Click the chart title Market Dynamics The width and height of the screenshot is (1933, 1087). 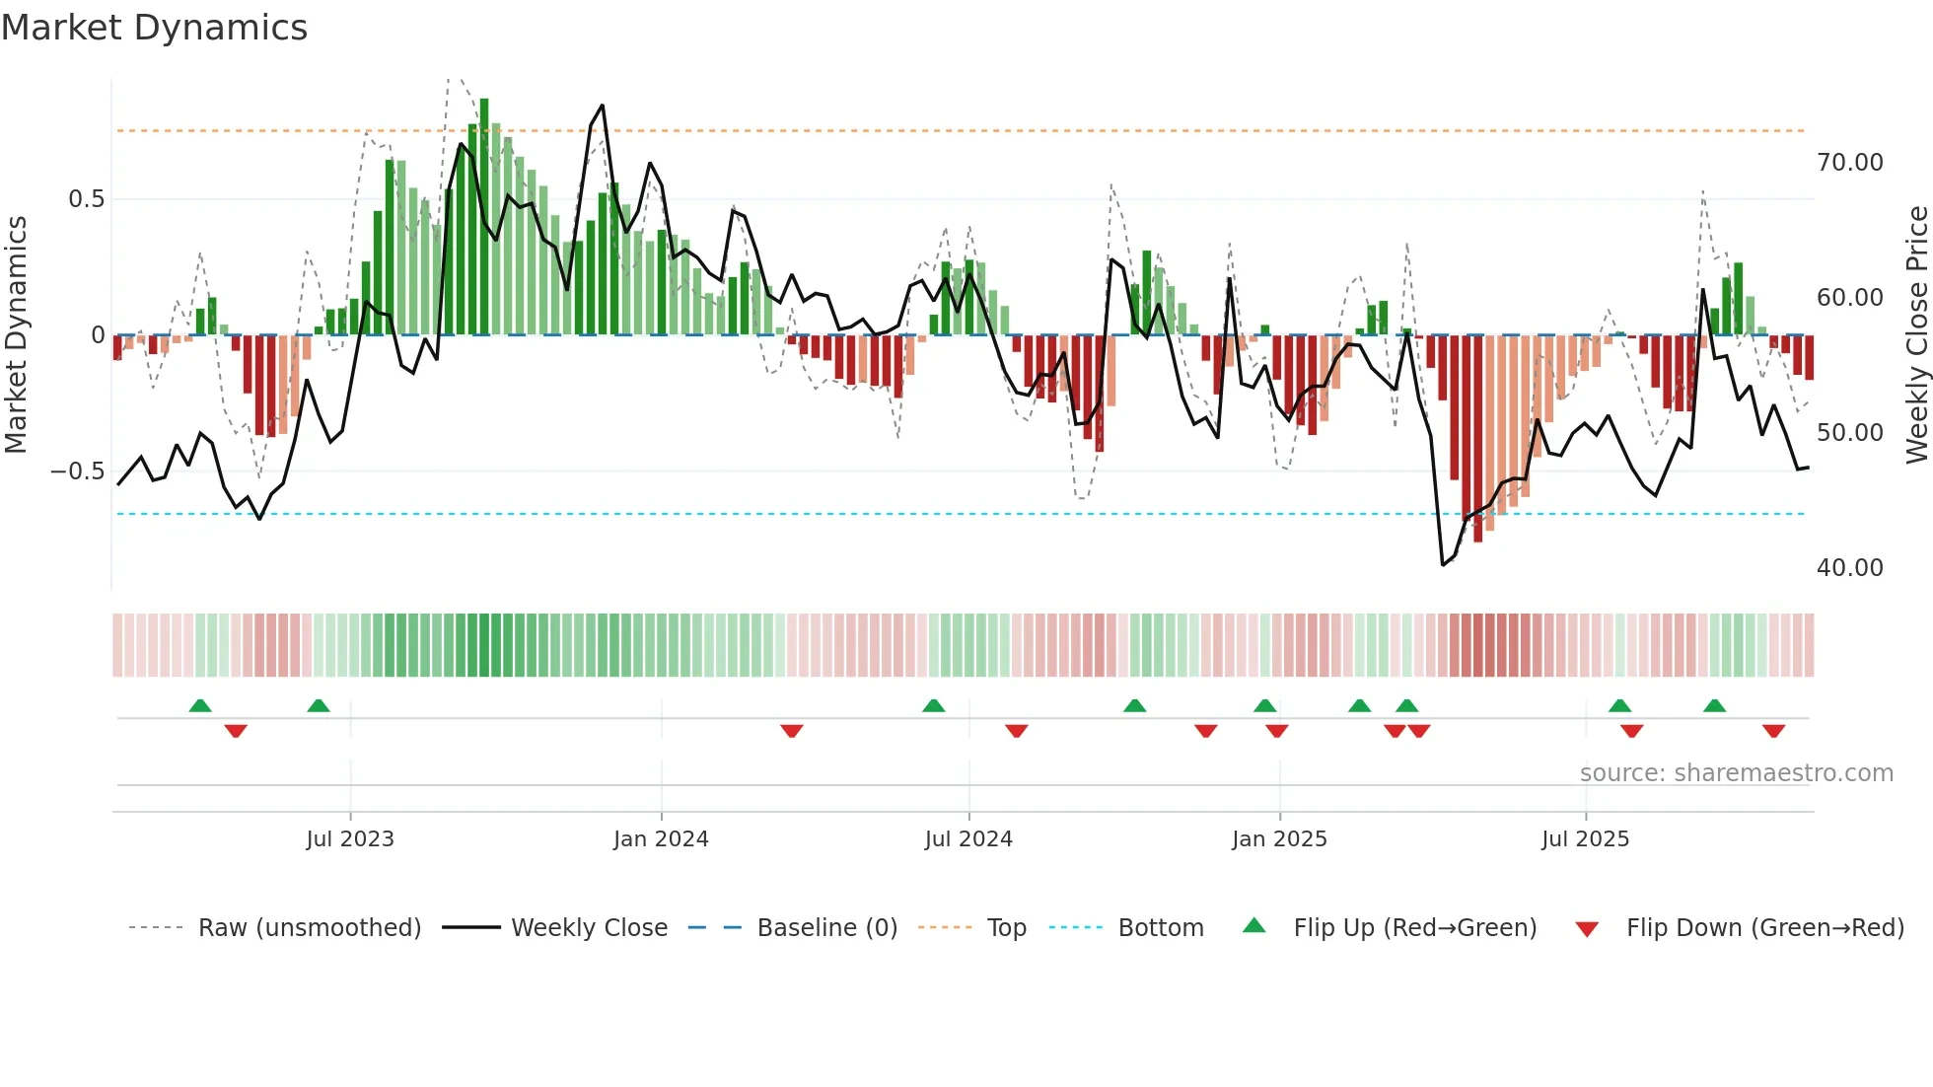[154, 28]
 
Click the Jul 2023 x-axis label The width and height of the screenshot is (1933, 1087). [349, 839]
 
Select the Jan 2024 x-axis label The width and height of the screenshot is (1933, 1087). [661, 839]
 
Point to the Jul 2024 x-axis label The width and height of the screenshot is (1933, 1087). [968, 839]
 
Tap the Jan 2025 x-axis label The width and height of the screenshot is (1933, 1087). [1279, 839]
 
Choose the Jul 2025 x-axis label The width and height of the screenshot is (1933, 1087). [1585, 839]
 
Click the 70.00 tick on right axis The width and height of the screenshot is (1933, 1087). [1849, 163]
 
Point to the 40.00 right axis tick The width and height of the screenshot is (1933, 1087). [1849, 568]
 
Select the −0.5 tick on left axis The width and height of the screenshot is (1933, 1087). [77, 471]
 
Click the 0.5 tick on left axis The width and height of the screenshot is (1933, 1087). [86, 199]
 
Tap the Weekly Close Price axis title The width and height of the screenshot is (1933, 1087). [1916, 334]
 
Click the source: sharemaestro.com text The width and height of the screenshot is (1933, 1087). [1736, 773]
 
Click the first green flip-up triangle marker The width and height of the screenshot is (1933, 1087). [200, 706]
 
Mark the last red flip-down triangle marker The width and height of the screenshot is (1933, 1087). [1773, 731]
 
